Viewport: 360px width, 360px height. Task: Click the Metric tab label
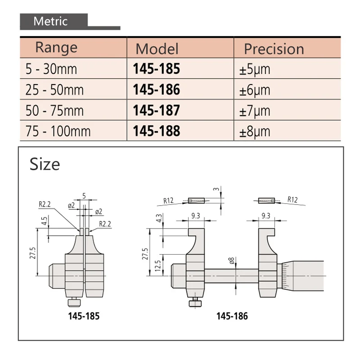click(50, 21)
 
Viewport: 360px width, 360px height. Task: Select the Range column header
click(56, 48)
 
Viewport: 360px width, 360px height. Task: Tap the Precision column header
click(274, 49)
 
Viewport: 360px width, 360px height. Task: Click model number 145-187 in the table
click(156, 110)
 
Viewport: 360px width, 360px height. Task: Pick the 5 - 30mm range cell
click(51, 69)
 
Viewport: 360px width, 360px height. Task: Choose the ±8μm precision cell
click(255, 131)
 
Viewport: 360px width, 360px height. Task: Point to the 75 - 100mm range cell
click(58, 131)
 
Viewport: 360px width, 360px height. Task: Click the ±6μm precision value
click(255, 90)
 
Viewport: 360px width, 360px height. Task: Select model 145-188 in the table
click(156, 131)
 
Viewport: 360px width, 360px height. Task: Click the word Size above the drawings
click(45, 164)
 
